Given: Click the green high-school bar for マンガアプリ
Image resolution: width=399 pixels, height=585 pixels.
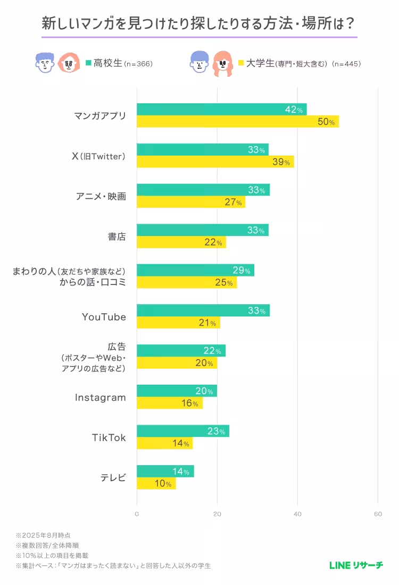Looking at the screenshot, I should pos(221,109).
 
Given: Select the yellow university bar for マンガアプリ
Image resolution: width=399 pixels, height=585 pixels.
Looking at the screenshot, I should pos(237,121).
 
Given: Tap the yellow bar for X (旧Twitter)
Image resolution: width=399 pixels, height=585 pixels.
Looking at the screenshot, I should pos(215,161).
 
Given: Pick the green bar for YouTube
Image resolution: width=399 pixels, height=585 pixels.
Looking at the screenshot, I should pos(203,311).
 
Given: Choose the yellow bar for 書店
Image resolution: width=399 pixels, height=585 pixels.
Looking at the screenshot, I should pos(181,242).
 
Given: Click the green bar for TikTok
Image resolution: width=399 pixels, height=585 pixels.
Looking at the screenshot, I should pos(182,431).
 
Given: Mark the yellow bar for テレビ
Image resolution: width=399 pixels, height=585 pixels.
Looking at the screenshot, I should pos(156,484).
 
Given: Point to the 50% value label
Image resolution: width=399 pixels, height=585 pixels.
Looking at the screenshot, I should pos(326,122).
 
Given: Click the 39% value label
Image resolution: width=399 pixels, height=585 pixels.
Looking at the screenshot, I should pos(281,162).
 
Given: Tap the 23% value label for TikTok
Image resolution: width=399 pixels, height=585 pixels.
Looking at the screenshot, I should pos(217,432).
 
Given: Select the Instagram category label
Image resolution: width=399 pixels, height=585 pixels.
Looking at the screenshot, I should pos(100,397).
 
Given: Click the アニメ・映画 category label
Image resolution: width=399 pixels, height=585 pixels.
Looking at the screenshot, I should pos(101,196).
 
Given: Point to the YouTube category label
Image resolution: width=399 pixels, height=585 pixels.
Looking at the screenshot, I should pos(104,317).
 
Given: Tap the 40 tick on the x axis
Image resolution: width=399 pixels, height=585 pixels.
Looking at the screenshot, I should pos(297,514).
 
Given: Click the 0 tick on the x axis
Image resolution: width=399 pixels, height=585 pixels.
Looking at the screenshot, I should pos(137,514).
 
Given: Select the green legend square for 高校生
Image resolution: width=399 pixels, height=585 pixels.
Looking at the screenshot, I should pos(89,63).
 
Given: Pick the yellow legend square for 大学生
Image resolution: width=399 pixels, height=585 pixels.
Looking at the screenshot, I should pos(240,63).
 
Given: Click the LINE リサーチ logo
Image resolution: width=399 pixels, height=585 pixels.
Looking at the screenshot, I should pos(356,565).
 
